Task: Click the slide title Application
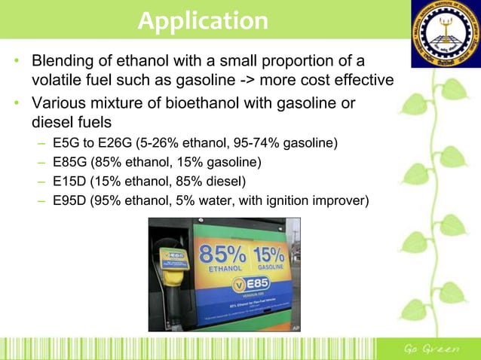pos(203,20)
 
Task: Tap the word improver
pos(338,200)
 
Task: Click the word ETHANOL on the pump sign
pos(224,267)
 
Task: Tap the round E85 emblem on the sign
pos(243,287)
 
